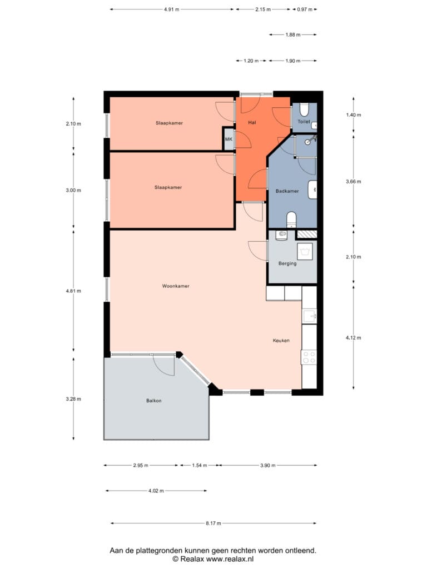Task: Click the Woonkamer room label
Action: click(x=176, y=286)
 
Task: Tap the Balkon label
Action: click(x=154, y=401)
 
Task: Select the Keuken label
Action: click(x=281, y=341)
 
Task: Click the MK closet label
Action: click(x=229, y=139)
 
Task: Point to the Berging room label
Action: click(x=287, y=263)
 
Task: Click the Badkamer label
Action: click(x=287, y=191)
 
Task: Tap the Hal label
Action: click(x=252, y=123)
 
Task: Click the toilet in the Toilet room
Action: click(x=304, y=109)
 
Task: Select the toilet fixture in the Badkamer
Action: click(x=291, y=219)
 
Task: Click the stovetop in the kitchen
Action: click(x=309, y=357)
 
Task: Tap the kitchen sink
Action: click(x=310, y=316)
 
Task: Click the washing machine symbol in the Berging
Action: click(x=305, y=251)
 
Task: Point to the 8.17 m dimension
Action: click(x=213, y=523)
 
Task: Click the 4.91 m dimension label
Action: click(x=171, y=9)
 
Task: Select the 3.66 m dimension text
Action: click(x=353, y=182)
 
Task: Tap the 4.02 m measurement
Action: click(x=156, y=491)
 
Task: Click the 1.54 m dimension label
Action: click(x=200, y=465)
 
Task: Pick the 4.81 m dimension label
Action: click(x=73, y=291)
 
